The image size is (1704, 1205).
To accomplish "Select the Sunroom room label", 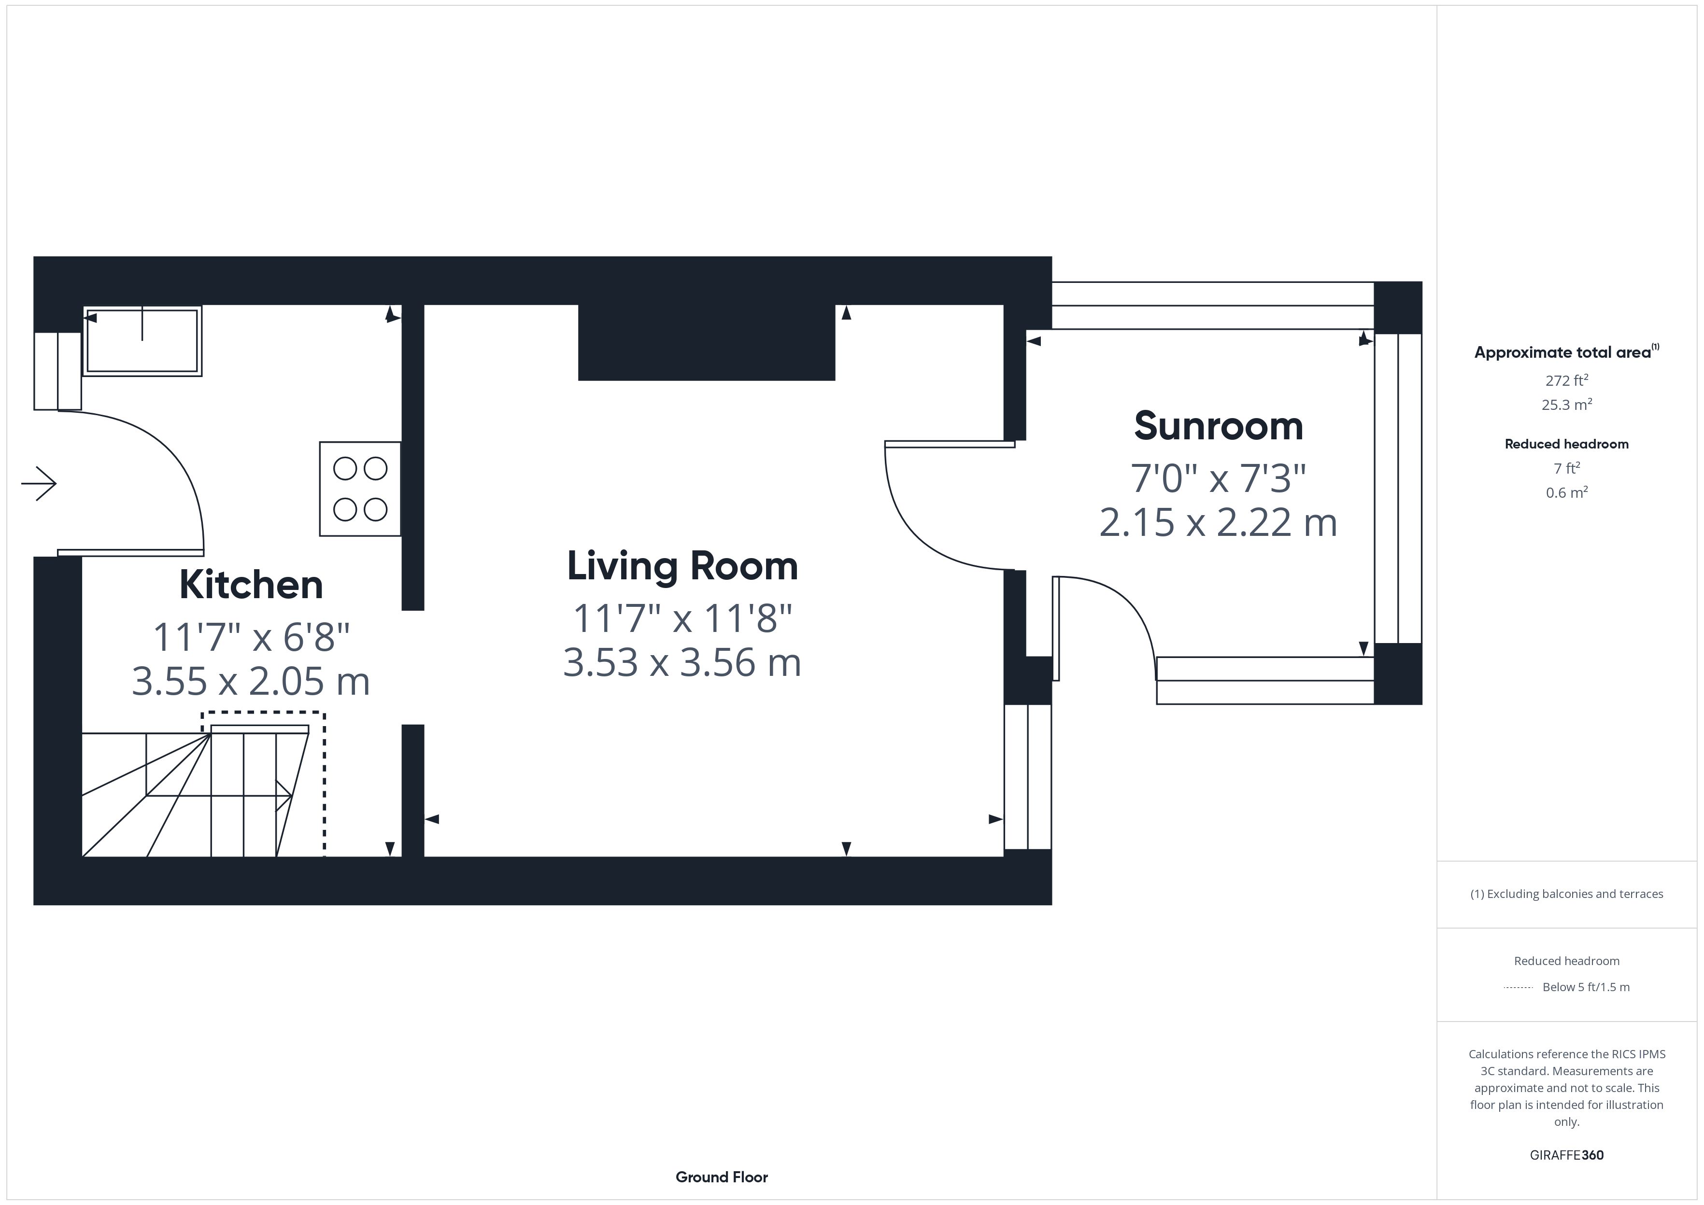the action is tap(1219, 426).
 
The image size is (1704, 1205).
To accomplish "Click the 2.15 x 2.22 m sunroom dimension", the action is tap(1219, 522).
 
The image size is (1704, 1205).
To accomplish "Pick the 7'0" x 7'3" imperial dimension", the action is tap(1219, 478).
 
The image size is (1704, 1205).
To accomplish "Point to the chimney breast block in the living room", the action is tap(707, 342).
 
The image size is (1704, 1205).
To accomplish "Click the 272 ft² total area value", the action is tap(1567, 380).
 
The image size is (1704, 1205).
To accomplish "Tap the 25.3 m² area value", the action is tap(1567, 405).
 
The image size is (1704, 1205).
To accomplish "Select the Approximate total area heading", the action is tap(1567, 352).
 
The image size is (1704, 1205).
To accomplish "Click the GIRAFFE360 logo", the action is tap(1567, 1155).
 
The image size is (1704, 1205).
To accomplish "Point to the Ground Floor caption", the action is tap(722, 1177).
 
